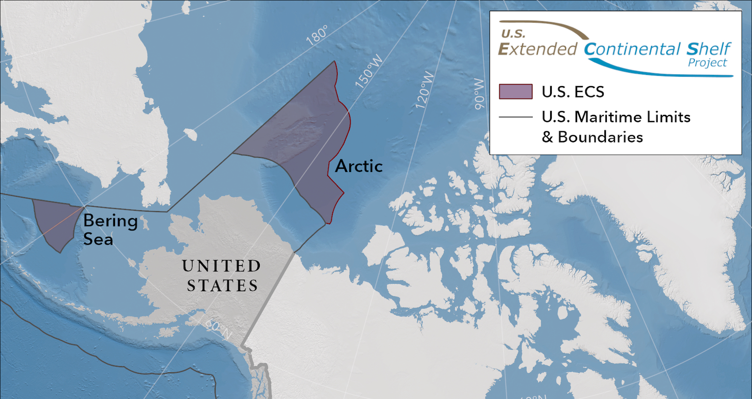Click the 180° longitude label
click(x=317, y=35)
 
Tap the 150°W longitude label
click(x=369, y=71)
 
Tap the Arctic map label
click(x=359, y=166)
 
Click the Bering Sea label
click(x=110, y=230)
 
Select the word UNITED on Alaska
click(x=221, y=266)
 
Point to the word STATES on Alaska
click(x=222, y=286)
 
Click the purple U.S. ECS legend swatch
click(x=516, y=91)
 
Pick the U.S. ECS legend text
click(x=573, y=92)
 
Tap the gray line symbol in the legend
click(x=516, y=117)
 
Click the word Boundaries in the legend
click(x=600, y=137)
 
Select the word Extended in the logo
click(x=538, y=49)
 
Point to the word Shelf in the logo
click(x=708, y=49)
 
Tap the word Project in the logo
click(x=707, y=63)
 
